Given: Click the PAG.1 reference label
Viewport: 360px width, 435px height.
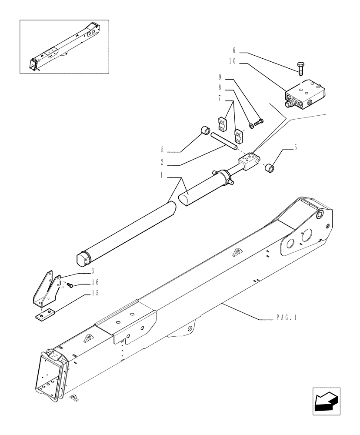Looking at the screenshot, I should click(286, 319).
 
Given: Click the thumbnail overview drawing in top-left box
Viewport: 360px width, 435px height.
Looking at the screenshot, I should click(64, 46).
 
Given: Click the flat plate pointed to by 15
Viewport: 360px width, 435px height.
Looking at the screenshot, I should click(45, 314).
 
